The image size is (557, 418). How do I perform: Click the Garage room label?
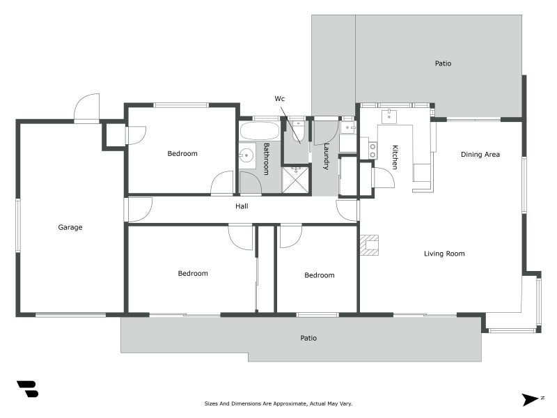tap(70, 227)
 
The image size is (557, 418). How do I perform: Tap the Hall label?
tap(242, 206)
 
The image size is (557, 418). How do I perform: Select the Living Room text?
tap(444, 254)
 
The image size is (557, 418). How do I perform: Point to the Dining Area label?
tap(480, 154)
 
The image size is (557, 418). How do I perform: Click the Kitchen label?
tap(395, 157)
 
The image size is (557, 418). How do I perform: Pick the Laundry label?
tap(326, 156)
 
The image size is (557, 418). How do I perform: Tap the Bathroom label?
tap(266, 159)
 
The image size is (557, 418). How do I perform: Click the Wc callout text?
tap(280, 98)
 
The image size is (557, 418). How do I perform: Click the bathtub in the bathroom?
tap(259, 131)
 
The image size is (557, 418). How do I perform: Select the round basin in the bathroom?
tap(246, 155)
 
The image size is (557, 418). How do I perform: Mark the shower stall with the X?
tap(295, 180)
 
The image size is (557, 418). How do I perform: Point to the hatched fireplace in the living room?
tap(369, 245)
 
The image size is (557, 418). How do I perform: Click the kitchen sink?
tap(389, 116)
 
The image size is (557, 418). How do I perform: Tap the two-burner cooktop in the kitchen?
tap(372, 150)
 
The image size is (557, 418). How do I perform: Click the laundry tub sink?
tap(347, 127)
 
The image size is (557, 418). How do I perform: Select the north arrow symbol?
tap(531, 399)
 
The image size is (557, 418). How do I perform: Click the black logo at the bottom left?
tap(27, 389)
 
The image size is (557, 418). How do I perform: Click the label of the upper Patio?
tap(443, 63)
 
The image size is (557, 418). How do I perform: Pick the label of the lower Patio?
tap(308, 338)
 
